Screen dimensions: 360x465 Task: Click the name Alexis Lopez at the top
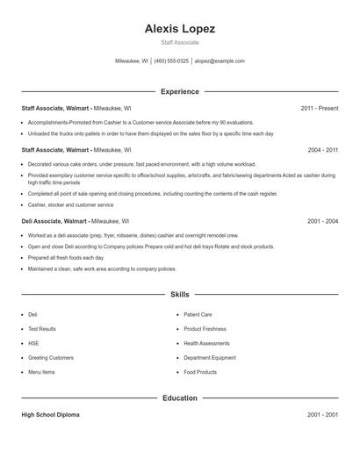point(180,29)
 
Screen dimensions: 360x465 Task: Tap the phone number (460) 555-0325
point(171,61)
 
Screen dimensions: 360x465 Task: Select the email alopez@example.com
point(220,61)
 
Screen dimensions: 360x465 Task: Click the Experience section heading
point(180,91)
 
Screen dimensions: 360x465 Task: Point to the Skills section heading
point(180,295)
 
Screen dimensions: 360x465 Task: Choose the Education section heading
point(180,398)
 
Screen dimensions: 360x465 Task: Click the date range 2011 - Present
point(319,108)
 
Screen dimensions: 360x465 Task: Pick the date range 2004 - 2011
point(322,150)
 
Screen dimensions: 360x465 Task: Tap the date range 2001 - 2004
point(322,222)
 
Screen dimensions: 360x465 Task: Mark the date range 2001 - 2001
point(322,414)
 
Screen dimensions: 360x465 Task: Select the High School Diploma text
point(50,414)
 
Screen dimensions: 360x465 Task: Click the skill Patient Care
point(198,314)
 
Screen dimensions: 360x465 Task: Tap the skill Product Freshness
point(205,329)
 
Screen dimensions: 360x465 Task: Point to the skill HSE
point(33,343)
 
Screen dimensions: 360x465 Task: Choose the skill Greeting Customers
point(51,358)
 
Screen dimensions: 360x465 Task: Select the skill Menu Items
point(41,372)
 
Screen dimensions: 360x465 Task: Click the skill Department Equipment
point(210,358)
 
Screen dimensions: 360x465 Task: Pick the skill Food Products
point(200,372)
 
